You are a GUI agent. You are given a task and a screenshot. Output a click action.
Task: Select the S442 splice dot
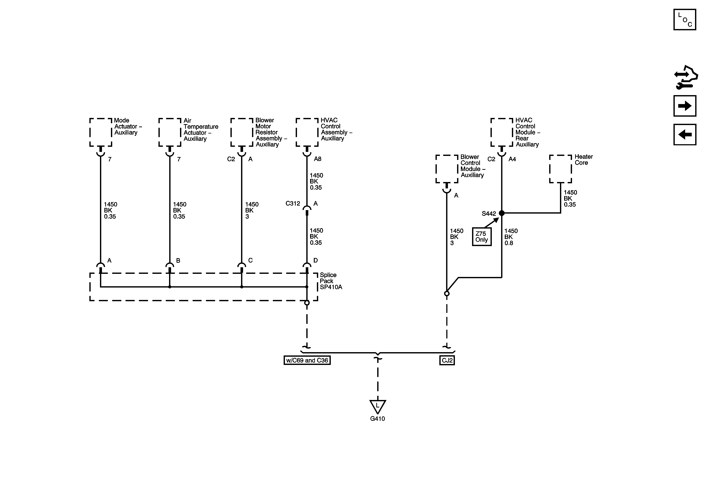(502, 213)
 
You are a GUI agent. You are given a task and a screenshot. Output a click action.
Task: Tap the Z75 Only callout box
(482, 237)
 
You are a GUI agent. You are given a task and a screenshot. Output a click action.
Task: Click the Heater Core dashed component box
(560, 169)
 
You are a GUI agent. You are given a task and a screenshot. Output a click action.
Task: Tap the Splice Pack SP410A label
(331, 281)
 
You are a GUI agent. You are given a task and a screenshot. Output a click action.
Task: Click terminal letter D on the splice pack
(315, 260)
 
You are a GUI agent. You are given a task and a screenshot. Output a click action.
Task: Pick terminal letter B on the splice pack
(178, 260)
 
